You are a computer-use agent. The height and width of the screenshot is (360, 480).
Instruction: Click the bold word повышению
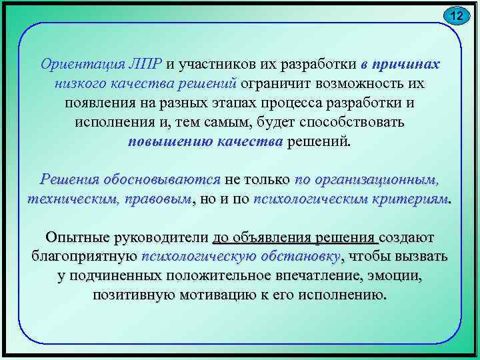169,143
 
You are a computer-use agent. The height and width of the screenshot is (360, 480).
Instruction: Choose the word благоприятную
84,257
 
